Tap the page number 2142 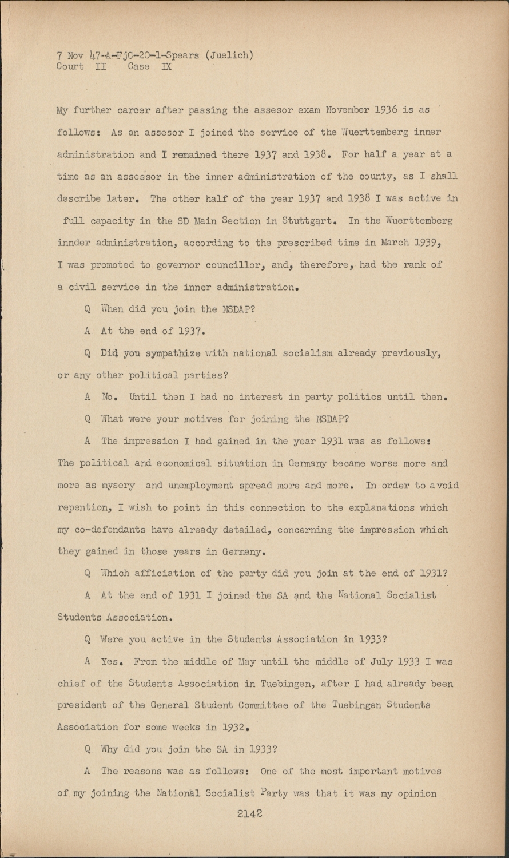(x=249, y=813)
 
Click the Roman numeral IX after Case (x=166, y=66)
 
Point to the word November (x=348, y=110)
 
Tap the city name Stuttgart (x=311, y=221)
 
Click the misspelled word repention (x=82, y=508)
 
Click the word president (x=85, y=705)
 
